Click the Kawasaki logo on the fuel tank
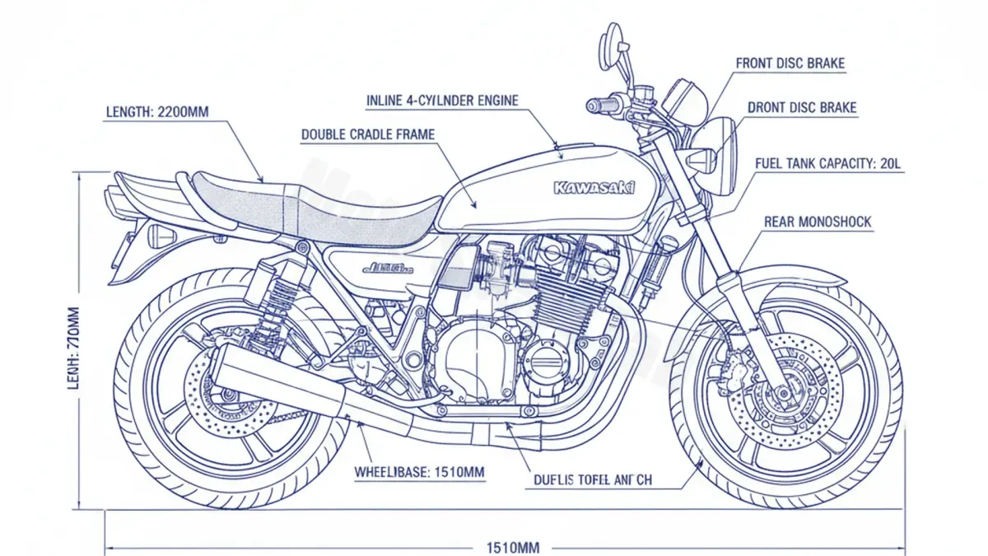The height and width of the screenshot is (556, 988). tap(594, 188)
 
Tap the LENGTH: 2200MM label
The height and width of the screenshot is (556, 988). tap(157, 111)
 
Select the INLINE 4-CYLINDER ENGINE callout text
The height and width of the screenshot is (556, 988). tap(442, 100)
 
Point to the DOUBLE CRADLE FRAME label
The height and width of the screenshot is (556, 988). tap(367, 134)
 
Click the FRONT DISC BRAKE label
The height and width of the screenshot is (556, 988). tap(790, 63)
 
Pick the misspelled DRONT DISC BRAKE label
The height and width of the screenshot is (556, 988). tap(801, 108)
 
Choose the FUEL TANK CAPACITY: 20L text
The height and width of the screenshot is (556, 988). tap(828, 164)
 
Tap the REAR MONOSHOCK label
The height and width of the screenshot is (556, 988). tap(817, 222)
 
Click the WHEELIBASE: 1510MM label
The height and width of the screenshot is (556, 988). tap(419, 472)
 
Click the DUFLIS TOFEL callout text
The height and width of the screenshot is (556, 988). tap(592, 479)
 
